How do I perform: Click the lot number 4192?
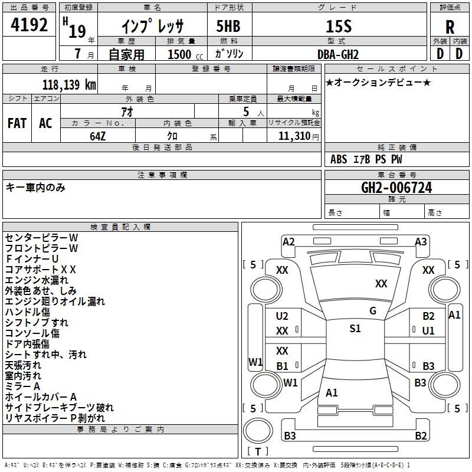click(29, 25)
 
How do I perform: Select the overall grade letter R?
click(450, 27)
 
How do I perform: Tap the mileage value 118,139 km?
click(69, 84)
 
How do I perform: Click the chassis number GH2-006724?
click(396, 188)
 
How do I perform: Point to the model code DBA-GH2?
click(338, 54)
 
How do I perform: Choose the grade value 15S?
click(339, 27)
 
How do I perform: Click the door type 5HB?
click(228, 26)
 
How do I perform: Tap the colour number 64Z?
click(97, 136)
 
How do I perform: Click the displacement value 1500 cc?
click(185, 54)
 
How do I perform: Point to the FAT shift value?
click(17, 123)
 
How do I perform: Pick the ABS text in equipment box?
click(339, 159)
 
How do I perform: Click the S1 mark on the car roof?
click(355, 329)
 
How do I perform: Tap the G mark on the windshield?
click(373, 311)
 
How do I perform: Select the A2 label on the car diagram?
click(289, 242)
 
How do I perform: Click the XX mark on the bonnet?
click(381, 283)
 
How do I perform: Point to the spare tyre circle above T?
click(258, 431)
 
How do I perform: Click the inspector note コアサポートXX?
click(41, 270)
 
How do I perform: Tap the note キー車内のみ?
click(35, 188)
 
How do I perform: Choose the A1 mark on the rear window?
click(332, 392)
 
